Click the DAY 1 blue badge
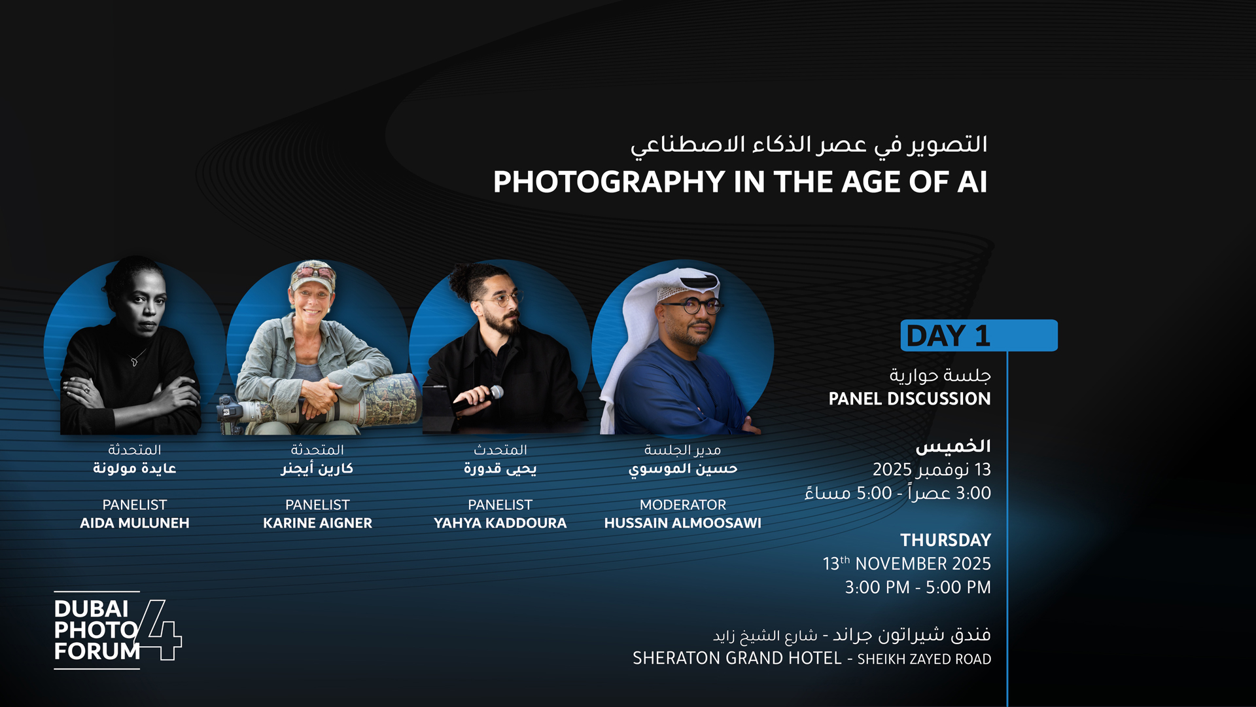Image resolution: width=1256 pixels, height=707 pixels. click(978, 335)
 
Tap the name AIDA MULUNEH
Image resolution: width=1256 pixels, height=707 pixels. click(135, 523)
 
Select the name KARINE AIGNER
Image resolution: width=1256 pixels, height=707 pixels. click(317, 523)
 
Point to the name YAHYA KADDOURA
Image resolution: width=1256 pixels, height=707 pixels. click(500, 523)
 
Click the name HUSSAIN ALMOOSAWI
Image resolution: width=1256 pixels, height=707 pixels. click(682, 523)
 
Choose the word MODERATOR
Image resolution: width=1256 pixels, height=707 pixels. click(682, 505)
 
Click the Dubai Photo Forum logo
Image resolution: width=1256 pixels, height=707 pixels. click(116, 630)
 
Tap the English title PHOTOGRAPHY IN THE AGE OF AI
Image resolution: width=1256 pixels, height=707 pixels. click(740, 182)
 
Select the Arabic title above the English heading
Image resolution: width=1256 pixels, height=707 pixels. click(809, 145)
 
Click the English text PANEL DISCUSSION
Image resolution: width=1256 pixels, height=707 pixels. click(909, 399)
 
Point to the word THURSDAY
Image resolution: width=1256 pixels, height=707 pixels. click(945, 540)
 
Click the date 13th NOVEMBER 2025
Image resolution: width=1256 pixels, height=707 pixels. click(907, 564)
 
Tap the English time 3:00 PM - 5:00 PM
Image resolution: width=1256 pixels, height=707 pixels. click(917, 587)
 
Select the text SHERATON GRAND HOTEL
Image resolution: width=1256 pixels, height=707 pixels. click(737, 658)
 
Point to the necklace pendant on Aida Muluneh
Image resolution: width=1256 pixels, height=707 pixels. click(134, 361)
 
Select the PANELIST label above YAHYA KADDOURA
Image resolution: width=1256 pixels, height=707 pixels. click(500, 505)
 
